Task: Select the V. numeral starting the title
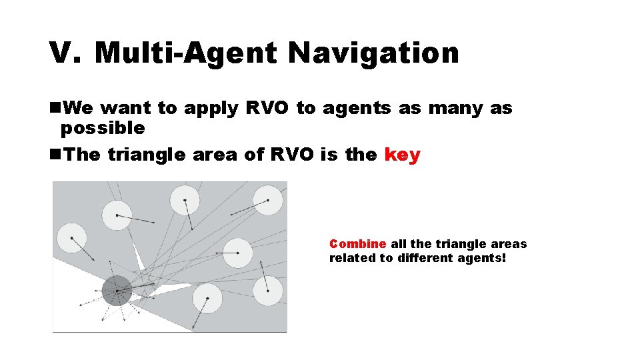65,53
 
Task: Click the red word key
403,155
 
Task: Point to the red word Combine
357,244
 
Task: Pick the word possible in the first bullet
103,127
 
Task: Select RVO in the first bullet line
267,108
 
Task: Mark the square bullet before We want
53,108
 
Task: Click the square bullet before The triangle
53,155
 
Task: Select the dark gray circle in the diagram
117,291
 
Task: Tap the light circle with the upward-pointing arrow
267,291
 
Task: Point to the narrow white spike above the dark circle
137,257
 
